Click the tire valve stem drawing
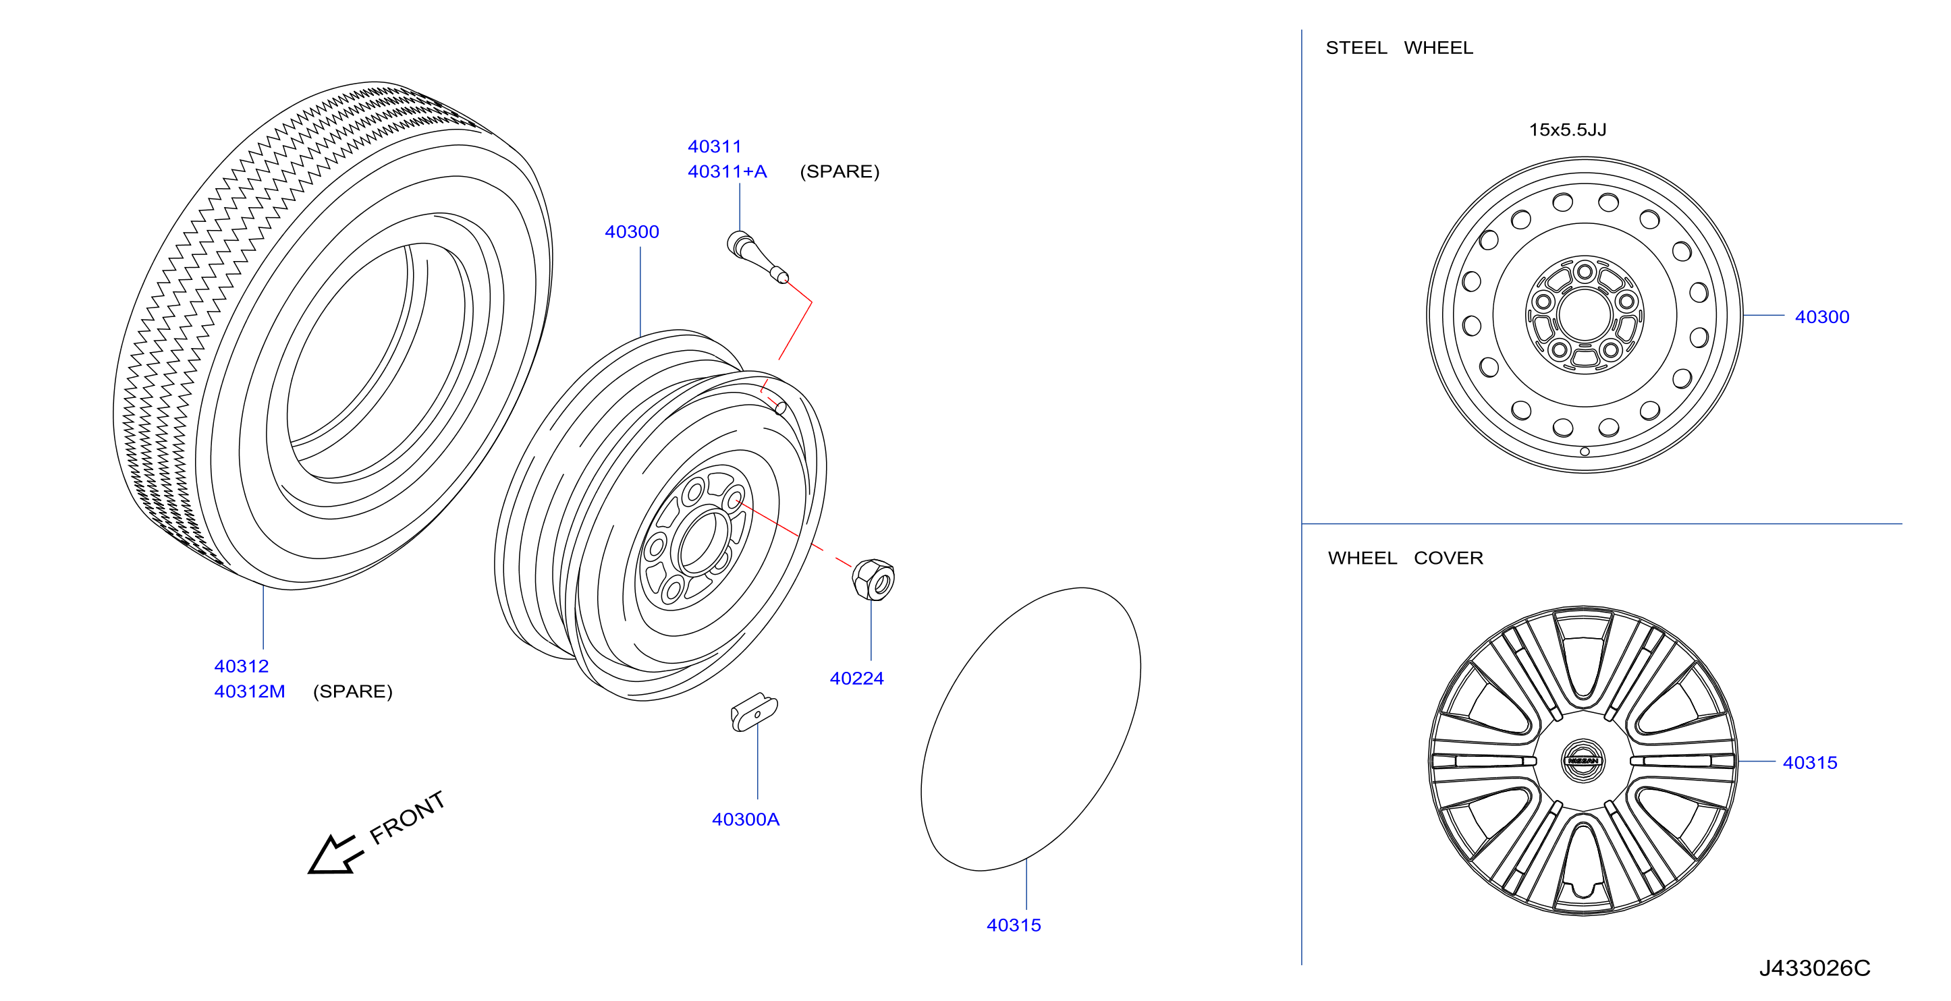[757, 258]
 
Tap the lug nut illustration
[873, 580]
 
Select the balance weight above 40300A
[754, 712]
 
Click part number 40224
[856, 679]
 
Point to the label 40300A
[745, 820]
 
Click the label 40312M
[249, 691]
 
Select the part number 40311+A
[727, 172]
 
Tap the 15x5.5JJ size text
[1567, 130]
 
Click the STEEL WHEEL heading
[1399, 48]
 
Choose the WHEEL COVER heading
[1405, 558]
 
